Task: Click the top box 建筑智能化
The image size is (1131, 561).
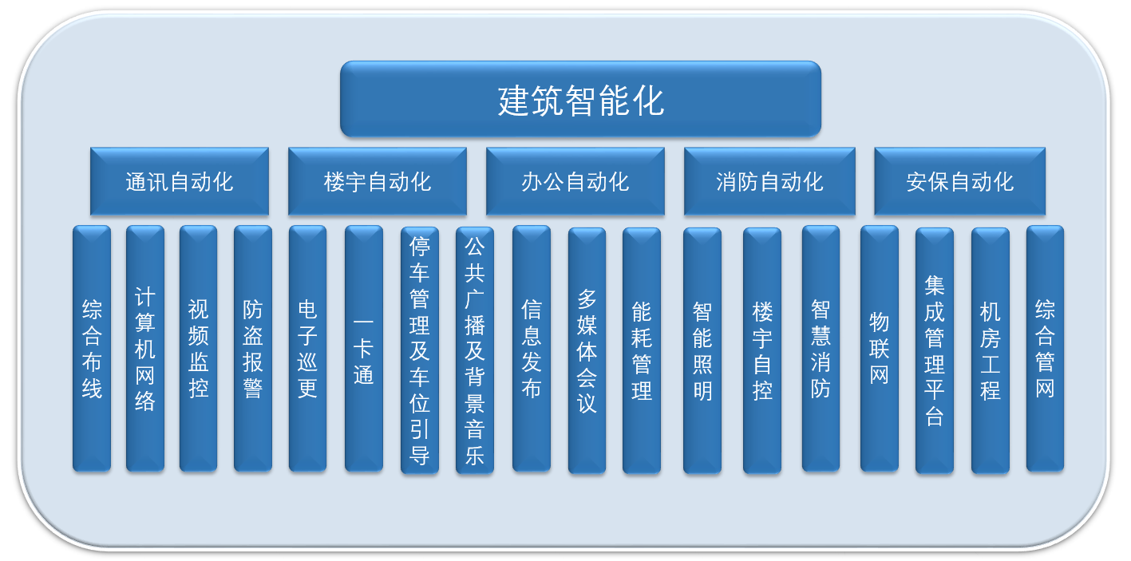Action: click(580, 99)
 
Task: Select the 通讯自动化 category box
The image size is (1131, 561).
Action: click(180, 181)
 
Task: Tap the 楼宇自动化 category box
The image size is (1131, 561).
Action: click(378, 181)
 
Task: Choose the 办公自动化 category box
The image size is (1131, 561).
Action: click(575, 181)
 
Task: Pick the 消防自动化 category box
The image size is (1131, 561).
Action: click(769, 181)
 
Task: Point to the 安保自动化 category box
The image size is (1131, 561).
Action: click(960, 181)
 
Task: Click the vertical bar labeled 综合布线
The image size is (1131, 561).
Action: click(92, 349)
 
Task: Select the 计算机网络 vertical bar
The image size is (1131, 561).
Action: click(145, 349)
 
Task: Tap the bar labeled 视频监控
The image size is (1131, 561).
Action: click(199, 349)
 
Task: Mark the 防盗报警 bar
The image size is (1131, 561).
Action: click(253, 349)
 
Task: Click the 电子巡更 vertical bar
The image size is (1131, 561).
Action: click(307, 349)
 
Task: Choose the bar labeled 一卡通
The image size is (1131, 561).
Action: click(363, 349)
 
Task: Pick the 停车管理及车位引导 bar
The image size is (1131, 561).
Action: click(420, 350)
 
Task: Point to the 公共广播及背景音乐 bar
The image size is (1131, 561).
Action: click(475, 350)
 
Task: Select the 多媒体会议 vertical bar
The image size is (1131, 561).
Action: click(587, 350)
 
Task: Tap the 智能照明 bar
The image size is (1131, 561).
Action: click(702, 350)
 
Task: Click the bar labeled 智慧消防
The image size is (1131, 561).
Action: click(821, 349)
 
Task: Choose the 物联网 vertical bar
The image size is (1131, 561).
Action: click(880, 349)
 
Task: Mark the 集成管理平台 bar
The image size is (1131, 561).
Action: click(935, 350)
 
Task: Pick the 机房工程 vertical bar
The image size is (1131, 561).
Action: click(991, 350)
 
